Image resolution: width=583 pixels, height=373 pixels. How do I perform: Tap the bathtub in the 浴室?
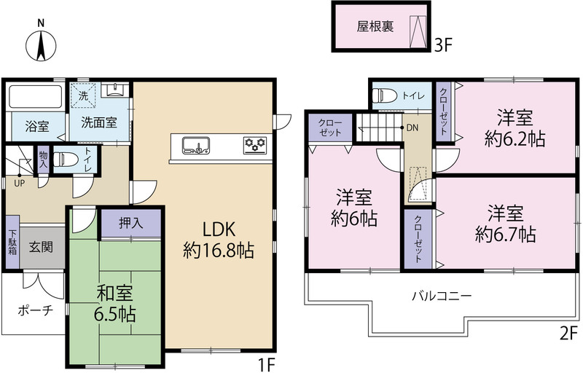(35, 97)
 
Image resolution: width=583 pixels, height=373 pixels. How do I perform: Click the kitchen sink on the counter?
(196, 145)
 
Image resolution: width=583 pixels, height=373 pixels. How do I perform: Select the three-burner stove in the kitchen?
(254, 145)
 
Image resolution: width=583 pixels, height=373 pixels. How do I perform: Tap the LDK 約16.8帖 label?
(219, 240)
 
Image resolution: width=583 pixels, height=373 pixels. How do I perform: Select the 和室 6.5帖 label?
(115, 304)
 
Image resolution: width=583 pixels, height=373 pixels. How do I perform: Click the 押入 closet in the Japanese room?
(131, 222)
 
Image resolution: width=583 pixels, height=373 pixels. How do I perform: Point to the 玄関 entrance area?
(42, 247)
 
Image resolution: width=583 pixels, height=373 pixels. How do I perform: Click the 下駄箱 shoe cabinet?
(12, 242)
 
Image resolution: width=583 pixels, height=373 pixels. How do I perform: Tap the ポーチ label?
(36, 310)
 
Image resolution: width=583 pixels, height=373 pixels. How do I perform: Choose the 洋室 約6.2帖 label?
(515, 128)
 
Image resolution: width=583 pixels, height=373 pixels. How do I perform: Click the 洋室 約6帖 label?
(354, 208)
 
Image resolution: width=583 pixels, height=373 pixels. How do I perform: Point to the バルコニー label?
(442, 296)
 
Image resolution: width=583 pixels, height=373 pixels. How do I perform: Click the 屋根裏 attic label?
(375, 27)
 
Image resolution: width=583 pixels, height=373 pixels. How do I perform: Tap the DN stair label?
(412, 128)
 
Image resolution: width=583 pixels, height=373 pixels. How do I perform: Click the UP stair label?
(20, 183)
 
